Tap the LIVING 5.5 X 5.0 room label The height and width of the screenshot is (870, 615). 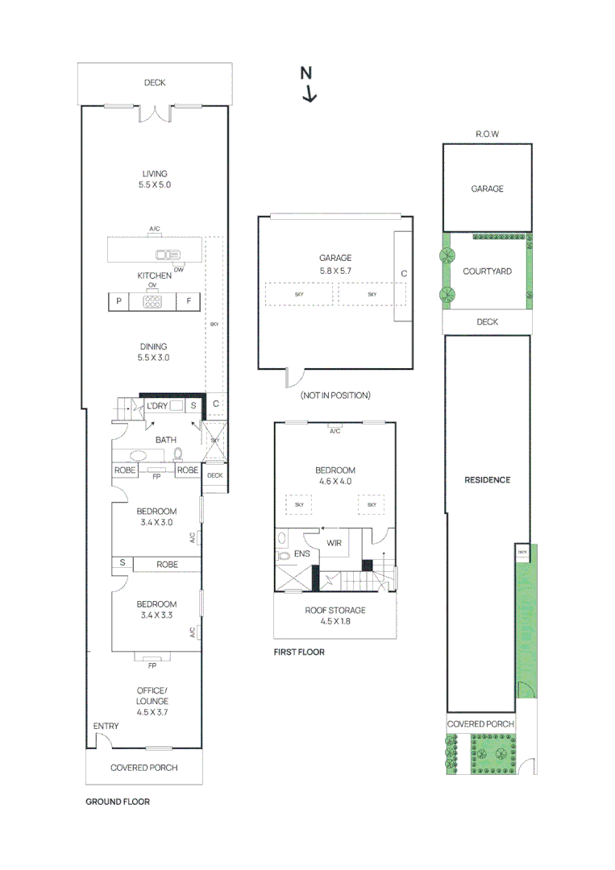[x=155, y=179]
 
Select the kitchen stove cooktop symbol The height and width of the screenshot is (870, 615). [x=152, y=301]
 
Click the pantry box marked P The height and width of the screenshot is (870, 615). [x=119, y=301]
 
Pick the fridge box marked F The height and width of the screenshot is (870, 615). [x=189, y=301]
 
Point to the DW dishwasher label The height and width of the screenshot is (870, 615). [x=179, y=269]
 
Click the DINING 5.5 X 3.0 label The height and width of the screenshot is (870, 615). [x=154, y=352]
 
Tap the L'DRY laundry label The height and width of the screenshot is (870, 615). [x=157, y=406]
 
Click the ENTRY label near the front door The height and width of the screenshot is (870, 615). [x=106, y=726]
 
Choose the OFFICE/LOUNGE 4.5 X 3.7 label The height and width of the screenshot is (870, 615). [x=152, y=701]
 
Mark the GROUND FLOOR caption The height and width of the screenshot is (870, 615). [x=118, y=802]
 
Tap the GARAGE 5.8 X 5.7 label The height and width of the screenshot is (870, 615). [x=335, y=264]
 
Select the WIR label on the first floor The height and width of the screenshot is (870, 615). [x=335, y=543]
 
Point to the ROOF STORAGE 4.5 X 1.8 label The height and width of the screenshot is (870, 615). [x=335, y=615]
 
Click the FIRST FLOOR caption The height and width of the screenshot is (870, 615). [x=299, y=652]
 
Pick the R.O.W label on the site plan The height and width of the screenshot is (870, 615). [x=488, y=135]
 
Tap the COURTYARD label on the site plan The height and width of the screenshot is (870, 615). [x=487, y=272]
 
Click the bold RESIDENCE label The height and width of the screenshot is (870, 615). [x=487, y=480]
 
